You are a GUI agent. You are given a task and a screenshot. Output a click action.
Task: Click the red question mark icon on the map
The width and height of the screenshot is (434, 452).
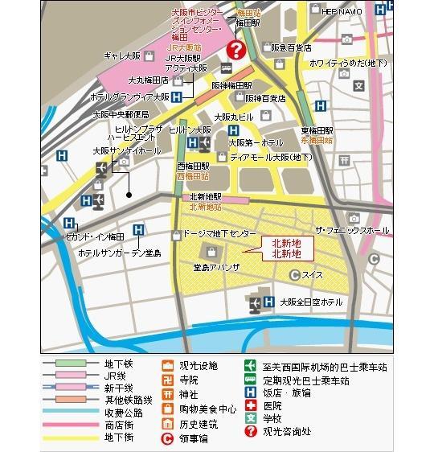(x=235, y=50)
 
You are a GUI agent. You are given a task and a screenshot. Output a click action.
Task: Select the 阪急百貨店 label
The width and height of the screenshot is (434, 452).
(x=291, y=48)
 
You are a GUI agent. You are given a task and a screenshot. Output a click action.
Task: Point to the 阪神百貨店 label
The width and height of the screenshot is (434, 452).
(x=265, y=98)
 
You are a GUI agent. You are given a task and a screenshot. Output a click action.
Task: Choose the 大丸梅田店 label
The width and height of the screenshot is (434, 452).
(x=148, y=80)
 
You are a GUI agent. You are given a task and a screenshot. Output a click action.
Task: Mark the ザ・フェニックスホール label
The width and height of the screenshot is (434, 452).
(x=352, y=230)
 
